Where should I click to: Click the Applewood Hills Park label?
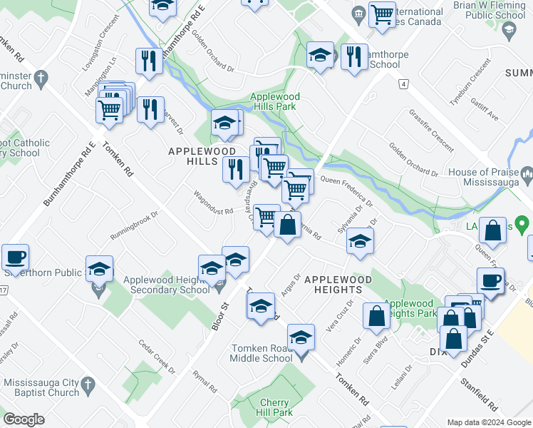click(274, 101)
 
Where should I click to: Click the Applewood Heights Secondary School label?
click(167, 285)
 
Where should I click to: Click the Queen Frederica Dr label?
click(346, 189)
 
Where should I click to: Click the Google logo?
click(24, 419)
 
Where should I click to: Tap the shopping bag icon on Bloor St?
click(287, 225)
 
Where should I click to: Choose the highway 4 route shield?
click(404, 84)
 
